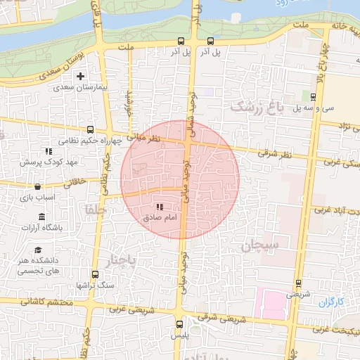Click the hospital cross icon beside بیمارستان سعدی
click(x=81, y=75)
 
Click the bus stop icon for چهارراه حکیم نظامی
click(x=91, y=129)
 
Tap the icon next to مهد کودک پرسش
click(x=49, y=150)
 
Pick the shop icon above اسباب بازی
click(x=37, y=188)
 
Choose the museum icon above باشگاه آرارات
click(x=41, y=216)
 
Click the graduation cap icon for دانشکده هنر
click(x=38, y=250)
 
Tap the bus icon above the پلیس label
click(x=180, y=324)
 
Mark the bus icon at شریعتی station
click(x=300, y=283)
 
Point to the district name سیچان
click(x=260, y=245)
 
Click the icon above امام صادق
click(x=160, y=207)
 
